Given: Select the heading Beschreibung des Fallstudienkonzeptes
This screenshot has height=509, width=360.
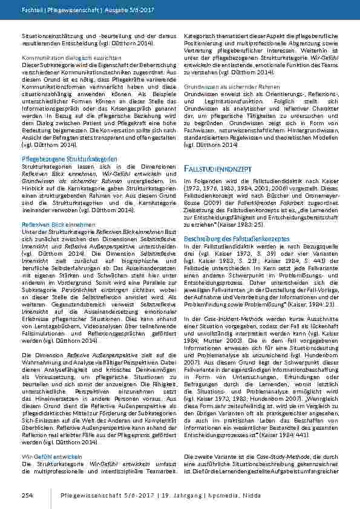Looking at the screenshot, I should pos(232,239).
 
